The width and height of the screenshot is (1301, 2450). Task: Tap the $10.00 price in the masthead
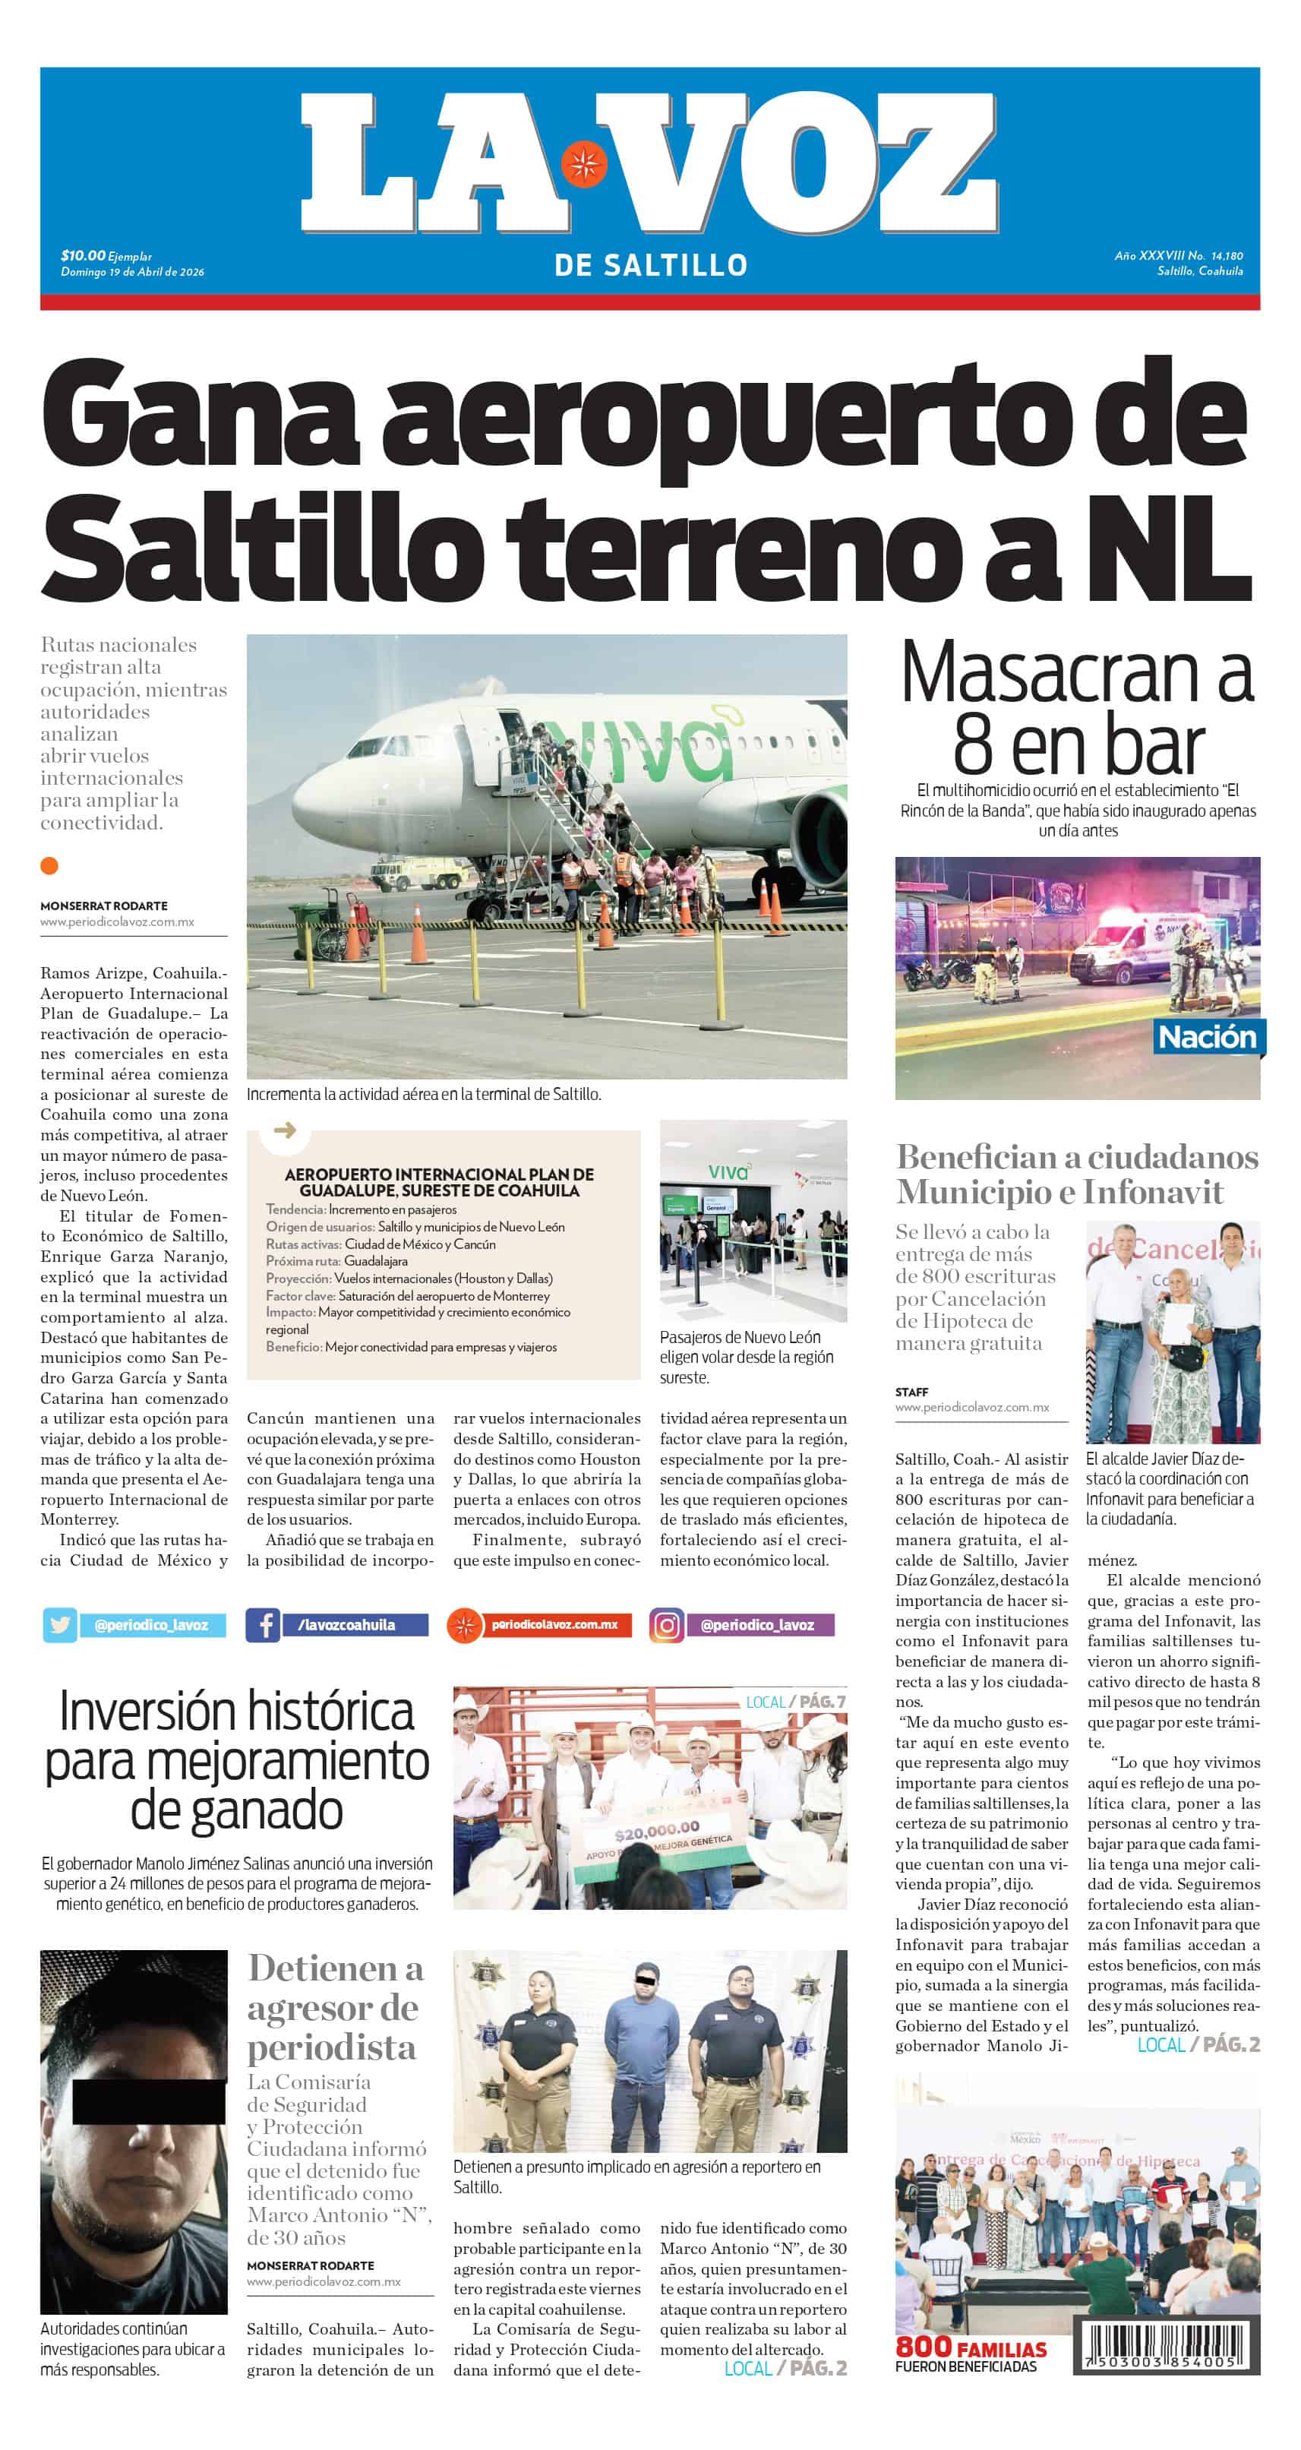(x=83, y=255)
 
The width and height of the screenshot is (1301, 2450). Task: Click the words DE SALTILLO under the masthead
(x=650, y=265)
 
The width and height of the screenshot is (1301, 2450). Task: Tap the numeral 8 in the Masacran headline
(x=973, y=747)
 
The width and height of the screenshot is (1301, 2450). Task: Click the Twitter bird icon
(x=60, y=1624)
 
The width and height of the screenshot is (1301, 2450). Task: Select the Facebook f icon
(x=264, y=1624)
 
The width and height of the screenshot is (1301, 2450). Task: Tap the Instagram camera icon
(x=667, y=1624)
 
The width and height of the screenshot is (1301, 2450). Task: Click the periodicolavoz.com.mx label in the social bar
(x=554, y=1624)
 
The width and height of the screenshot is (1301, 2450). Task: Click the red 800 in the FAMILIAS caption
(x=924, y=2347)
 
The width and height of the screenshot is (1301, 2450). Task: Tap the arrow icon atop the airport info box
(x=284, y=1130)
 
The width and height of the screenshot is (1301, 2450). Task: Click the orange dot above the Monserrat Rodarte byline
(x=49, y=865)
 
